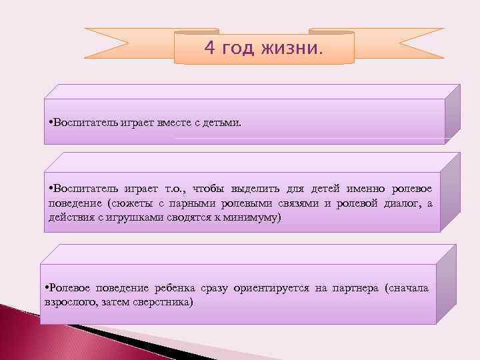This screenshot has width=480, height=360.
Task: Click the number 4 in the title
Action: click(209, 49)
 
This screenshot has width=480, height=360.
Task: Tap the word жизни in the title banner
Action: click(295, 49)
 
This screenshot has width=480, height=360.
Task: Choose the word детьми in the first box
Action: click(224, 123)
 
